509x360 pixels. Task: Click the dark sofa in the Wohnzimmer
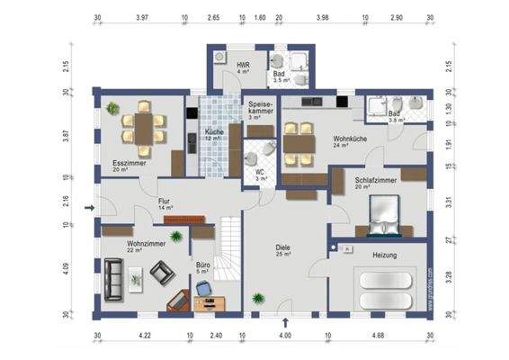point(114,278)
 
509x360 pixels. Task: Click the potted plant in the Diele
point(259,297)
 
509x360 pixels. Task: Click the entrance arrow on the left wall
point(88,208)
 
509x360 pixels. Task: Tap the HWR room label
point(242,67)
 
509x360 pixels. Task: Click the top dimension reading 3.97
point(141,17)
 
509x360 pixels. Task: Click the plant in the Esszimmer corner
point(112,108)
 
